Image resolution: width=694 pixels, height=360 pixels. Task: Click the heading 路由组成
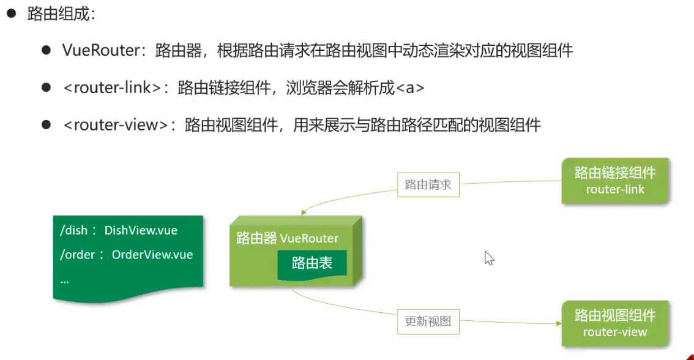(x=61, y=14)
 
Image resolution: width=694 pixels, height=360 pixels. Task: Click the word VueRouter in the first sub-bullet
(x=102, y=51)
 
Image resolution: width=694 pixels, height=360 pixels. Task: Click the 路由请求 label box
(x=428, y=184)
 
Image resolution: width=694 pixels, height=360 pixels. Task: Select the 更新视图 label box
(x=428, y=321)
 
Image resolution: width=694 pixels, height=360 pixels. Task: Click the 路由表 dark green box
(x=312, y=263)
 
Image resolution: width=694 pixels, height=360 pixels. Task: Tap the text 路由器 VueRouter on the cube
(x=288, y=238)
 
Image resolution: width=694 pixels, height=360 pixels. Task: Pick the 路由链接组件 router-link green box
(x=615, y=181)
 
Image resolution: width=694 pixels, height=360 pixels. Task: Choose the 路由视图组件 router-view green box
(x=615, y=323)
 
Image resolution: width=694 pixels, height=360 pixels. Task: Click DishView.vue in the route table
(x=141, y=231)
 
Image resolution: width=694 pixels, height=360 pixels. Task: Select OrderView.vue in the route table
(x=152, y=255)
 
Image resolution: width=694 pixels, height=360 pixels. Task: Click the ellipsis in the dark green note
(x=64, y=279)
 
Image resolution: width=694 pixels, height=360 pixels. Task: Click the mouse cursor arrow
(x=488, y=257)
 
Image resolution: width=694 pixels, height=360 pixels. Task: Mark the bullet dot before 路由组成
(x=11, y=14)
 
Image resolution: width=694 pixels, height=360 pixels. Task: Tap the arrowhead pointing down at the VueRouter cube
(x=303, y=213)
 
